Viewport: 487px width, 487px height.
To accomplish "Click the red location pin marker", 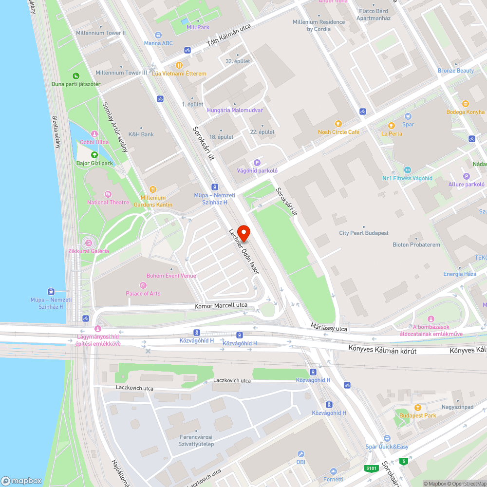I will pos(243,233).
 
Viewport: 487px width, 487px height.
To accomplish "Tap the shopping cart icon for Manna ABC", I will pos(158,35).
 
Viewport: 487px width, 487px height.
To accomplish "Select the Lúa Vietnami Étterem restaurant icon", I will pos(179,65).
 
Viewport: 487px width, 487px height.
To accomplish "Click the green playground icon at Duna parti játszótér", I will pos(76,76).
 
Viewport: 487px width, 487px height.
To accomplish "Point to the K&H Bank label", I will pos(141,134).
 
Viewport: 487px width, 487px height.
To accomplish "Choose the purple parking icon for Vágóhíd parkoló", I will pos(257,163).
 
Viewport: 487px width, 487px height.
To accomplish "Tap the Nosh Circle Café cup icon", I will pos(338,124).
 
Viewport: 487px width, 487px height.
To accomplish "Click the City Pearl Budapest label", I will pos(364,233).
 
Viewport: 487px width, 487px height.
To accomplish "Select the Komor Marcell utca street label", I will pos(221,305).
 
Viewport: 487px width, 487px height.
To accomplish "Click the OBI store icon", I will pos(300,453).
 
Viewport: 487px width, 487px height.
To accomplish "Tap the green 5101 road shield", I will pos(372,468).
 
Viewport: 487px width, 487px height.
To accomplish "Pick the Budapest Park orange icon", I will pos(417,408).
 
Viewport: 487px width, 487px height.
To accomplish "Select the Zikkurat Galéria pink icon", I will pos(88,243).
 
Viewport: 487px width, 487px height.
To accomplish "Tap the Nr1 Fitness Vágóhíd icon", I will pos(408,170).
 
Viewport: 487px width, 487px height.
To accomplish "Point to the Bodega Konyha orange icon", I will pos(465,104).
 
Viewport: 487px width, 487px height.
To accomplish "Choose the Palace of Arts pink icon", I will pos(143,285).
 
